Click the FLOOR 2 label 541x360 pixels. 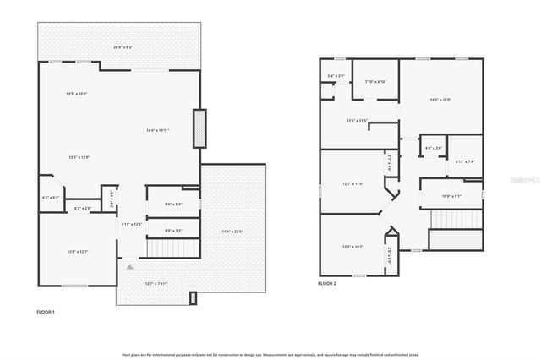coord(327,284)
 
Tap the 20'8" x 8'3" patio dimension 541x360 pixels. coord(123,47)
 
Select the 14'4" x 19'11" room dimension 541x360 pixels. coord(157,130)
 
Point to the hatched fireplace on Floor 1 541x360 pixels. coord(199,129)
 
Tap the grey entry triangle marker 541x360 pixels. coord(129,266)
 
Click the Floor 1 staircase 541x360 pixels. coord(172,248)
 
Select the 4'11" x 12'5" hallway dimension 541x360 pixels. coord(131,224)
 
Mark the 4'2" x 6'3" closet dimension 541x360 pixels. coord(51,198)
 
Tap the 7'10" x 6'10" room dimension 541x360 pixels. coord(375,82)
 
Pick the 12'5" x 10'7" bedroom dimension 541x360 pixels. coord(352,247)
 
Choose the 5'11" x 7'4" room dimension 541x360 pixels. coord(465,161)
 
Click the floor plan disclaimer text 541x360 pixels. coord(270,355)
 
